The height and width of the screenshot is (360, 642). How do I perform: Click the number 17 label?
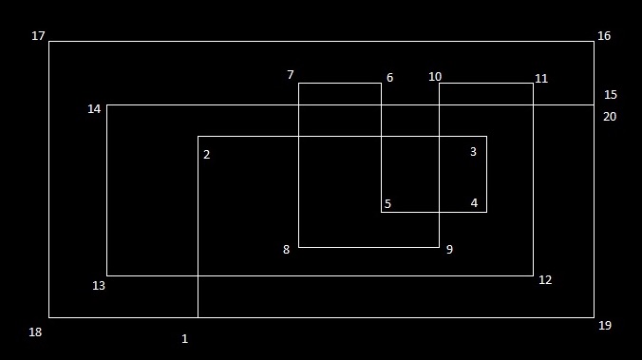pos(38,36)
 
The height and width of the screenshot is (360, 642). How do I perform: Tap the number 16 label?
pos(604,36)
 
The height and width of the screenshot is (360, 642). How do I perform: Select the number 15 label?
pos(611,95)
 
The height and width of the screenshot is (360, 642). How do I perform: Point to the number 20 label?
pos(610,117)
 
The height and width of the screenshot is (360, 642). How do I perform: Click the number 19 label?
pos(605,326)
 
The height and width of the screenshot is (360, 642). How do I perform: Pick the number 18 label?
pos(35,332)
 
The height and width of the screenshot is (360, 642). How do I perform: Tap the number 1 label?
pos(184,339)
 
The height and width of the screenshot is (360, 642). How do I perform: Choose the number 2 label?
pos(207,155)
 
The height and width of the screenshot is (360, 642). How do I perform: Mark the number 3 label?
pos(473,152)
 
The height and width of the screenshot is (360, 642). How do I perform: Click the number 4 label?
pos(474,202)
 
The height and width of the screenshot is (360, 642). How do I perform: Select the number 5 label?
pos(387,203)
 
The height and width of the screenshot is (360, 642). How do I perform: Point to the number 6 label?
pos(389,77)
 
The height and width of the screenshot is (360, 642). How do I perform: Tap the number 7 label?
pos(291,74)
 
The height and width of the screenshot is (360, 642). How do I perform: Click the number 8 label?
pos(286,249)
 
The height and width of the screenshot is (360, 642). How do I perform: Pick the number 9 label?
pos(449,249)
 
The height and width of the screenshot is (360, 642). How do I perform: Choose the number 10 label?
pos(435,77)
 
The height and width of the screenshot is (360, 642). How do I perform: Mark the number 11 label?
pos(541,79)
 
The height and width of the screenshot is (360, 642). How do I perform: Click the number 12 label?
pos(545,279)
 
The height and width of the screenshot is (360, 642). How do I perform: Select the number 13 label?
pos(99,286)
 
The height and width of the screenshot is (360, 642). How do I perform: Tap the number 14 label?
pos(94,109)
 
